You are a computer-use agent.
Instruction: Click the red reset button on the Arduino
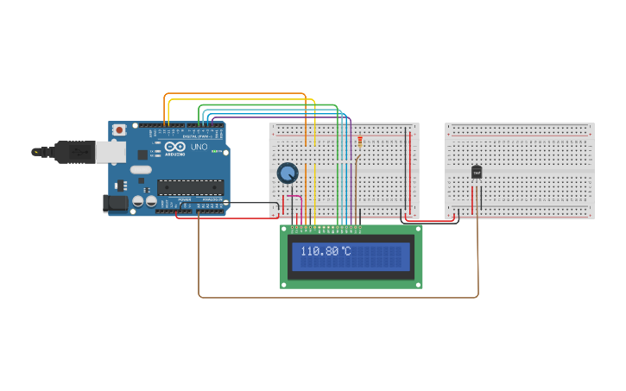[x=118, y=129]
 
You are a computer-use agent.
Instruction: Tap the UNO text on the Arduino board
[x=199, y=148]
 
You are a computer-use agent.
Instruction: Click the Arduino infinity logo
[x=175, y=148]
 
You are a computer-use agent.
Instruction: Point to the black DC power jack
[x=115, y=203]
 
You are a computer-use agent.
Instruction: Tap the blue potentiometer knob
[x=288, y=173]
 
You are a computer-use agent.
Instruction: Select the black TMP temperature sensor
[x=476, y=173]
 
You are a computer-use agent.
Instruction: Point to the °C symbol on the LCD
[x=345, y=251]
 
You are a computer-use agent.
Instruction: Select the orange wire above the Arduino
[x=233, y=93]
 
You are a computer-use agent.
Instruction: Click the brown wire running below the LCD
[x=337, y=297]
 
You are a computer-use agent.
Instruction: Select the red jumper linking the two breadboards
[x=432, y=221]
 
